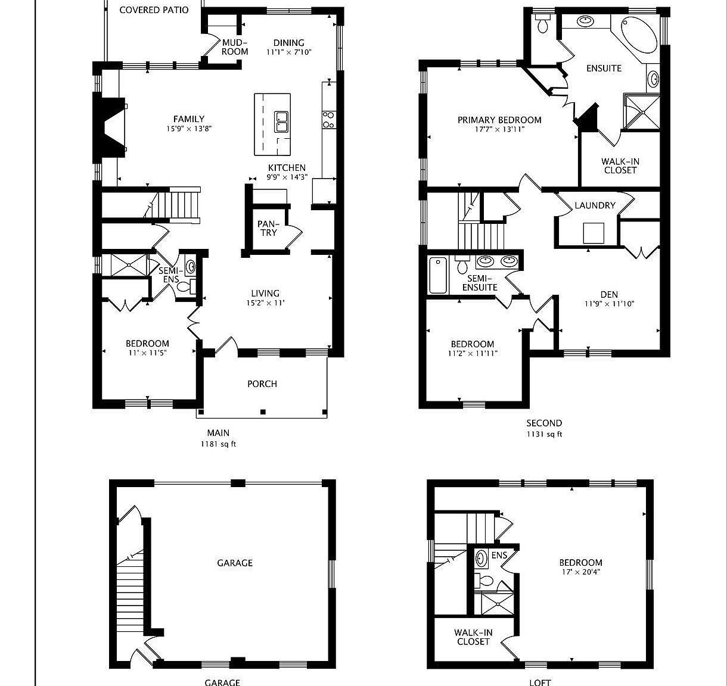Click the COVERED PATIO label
pos(154,10)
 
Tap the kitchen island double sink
pos(281,122)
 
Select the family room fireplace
pos(111,127)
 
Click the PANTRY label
pos(268,228)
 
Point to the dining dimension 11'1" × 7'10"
pos(288,52)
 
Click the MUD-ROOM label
pos(235,47)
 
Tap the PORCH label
pos(262,384)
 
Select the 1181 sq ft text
pos(218,444)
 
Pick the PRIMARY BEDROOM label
pos(499,120)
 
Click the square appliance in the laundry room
pos(594,233)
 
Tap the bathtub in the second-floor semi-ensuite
pos(438,275)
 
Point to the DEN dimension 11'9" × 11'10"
pos(609,304)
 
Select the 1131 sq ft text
pos(543,434)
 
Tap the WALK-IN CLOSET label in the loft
pos(473,637)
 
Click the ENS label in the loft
pos(499,556)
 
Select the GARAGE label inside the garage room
pos(235,563)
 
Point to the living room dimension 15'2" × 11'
pos(265,303)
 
